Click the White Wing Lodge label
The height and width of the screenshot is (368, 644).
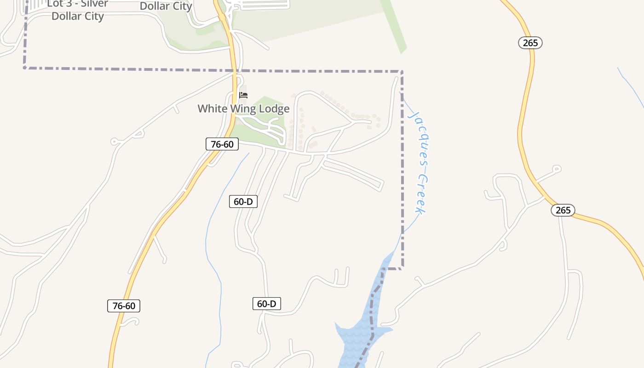pyautogui.click(x=243, y=109)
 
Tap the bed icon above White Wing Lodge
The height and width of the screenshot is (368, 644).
pyautogui.click(x=243, y=95)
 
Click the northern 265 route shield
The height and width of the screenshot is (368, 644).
pyautogui.click(x=530, y=43)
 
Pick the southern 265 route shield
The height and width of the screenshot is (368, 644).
pyautogui.click(x=563, y=210)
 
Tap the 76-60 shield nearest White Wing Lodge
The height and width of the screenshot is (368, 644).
pyautogui.click(x=222, y=144)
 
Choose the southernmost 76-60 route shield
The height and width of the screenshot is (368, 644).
pyautogui.click(x=123, y=305)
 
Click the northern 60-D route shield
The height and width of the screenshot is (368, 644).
pyautogui.click(x=243, y=201)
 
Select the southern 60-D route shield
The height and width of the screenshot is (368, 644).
pyautogui.click(x=266, y=304)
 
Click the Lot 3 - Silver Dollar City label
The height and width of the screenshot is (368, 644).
pyautogui.click(x=77, y=10)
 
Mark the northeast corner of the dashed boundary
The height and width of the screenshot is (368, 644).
pyautogui.click(x=402, y=71)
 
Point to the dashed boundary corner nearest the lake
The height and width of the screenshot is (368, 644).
pyautogui.click(x=402, y=268)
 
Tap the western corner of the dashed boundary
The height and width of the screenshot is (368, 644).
pyautogui.click(x=25, y=68)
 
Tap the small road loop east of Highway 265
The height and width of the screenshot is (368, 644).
pyautogui.click(x=557, y=169)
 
